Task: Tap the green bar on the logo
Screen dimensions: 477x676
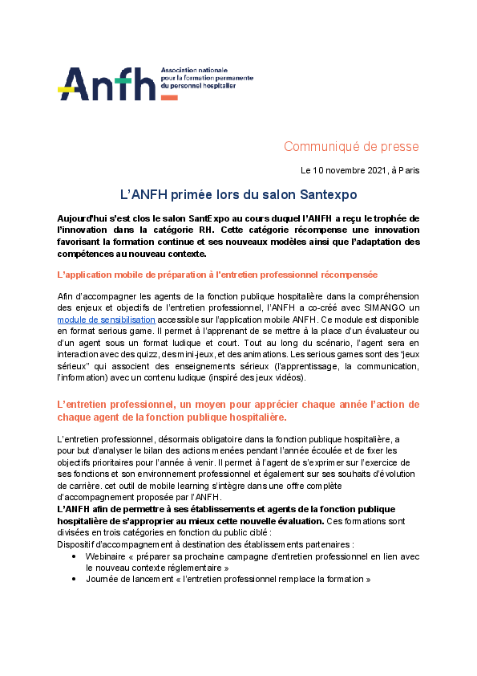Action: click(x=123, y=80)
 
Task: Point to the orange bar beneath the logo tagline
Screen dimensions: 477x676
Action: click(x=169, y=97)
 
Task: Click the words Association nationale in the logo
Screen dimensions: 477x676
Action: click(x=192, y=71)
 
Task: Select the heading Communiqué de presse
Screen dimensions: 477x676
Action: click(x=351, y=146)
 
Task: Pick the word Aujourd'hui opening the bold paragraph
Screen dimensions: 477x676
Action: click(x=81, y=219)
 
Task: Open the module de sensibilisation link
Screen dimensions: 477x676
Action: click(x=106, y=320)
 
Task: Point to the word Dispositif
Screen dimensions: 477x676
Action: click(x=77, y=544)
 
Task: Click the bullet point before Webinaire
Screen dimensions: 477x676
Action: click(x=75, y=555)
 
